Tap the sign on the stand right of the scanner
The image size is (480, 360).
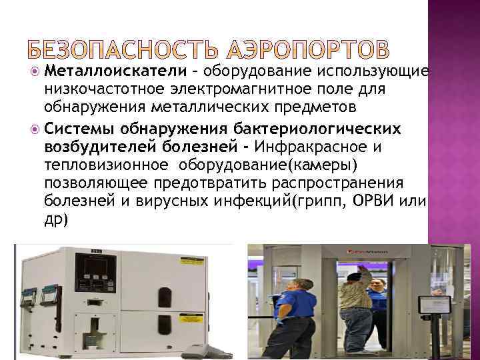(432, 305)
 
